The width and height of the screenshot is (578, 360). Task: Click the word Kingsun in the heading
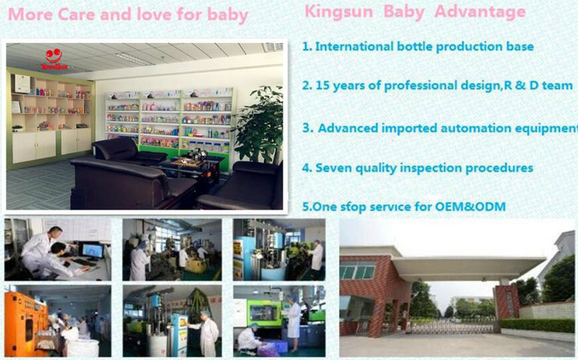[339, 11]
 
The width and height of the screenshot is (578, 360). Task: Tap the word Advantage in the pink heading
[480, 12]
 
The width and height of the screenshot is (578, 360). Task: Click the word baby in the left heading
[227, 15]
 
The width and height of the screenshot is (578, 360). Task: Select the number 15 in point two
[322, 86]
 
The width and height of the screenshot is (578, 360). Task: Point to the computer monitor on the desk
[92, 251]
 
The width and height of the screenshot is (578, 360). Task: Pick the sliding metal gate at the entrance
[453, 326]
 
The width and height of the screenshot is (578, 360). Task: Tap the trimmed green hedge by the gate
[537, 325]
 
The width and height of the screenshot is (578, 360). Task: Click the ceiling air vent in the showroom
[272, 47]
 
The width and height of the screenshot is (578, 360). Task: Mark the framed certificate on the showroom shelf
[22, 84]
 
